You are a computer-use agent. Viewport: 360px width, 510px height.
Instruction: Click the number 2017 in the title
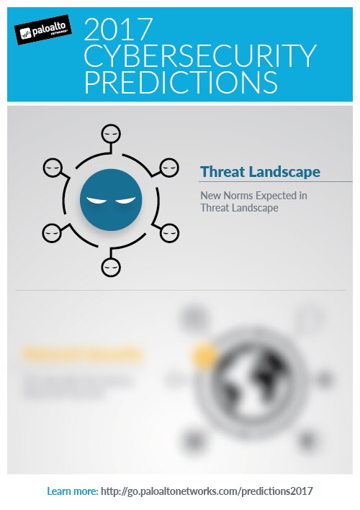(x=118, y=29)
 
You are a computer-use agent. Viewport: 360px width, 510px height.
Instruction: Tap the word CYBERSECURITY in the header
(x=200, y=56)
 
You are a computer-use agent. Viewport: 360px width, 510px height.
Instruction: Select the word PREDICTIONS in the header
(x=181, y=81)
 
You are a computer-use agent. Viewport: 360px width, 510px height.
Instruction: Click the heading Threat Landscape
(x=260, y=172)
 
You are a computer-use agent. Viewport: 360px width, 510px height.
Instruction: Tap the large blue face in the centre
(x=110, y=199)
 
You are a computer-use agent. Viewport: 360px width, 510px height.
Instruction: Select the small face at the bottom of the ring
(x=110, y=267)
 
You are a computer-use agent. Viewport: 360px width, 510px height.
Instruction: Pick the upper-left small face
(x=53, y=167)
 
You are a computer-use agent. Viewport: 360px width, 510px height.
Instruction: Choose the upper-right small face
(x=168, y=167)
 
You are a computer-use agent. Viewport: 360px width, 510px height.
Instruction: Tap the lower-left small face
(x=53, y=232)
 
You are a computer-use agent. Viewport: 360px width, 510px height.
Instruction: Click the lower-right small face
(x=168, y=232)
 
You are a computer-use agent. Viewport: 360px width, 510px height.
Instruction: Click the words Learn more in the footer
(x=72, y=491)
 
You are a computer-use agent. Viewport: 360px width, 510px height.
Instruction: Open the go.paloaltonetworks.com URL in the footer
(x=207, y=491)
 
